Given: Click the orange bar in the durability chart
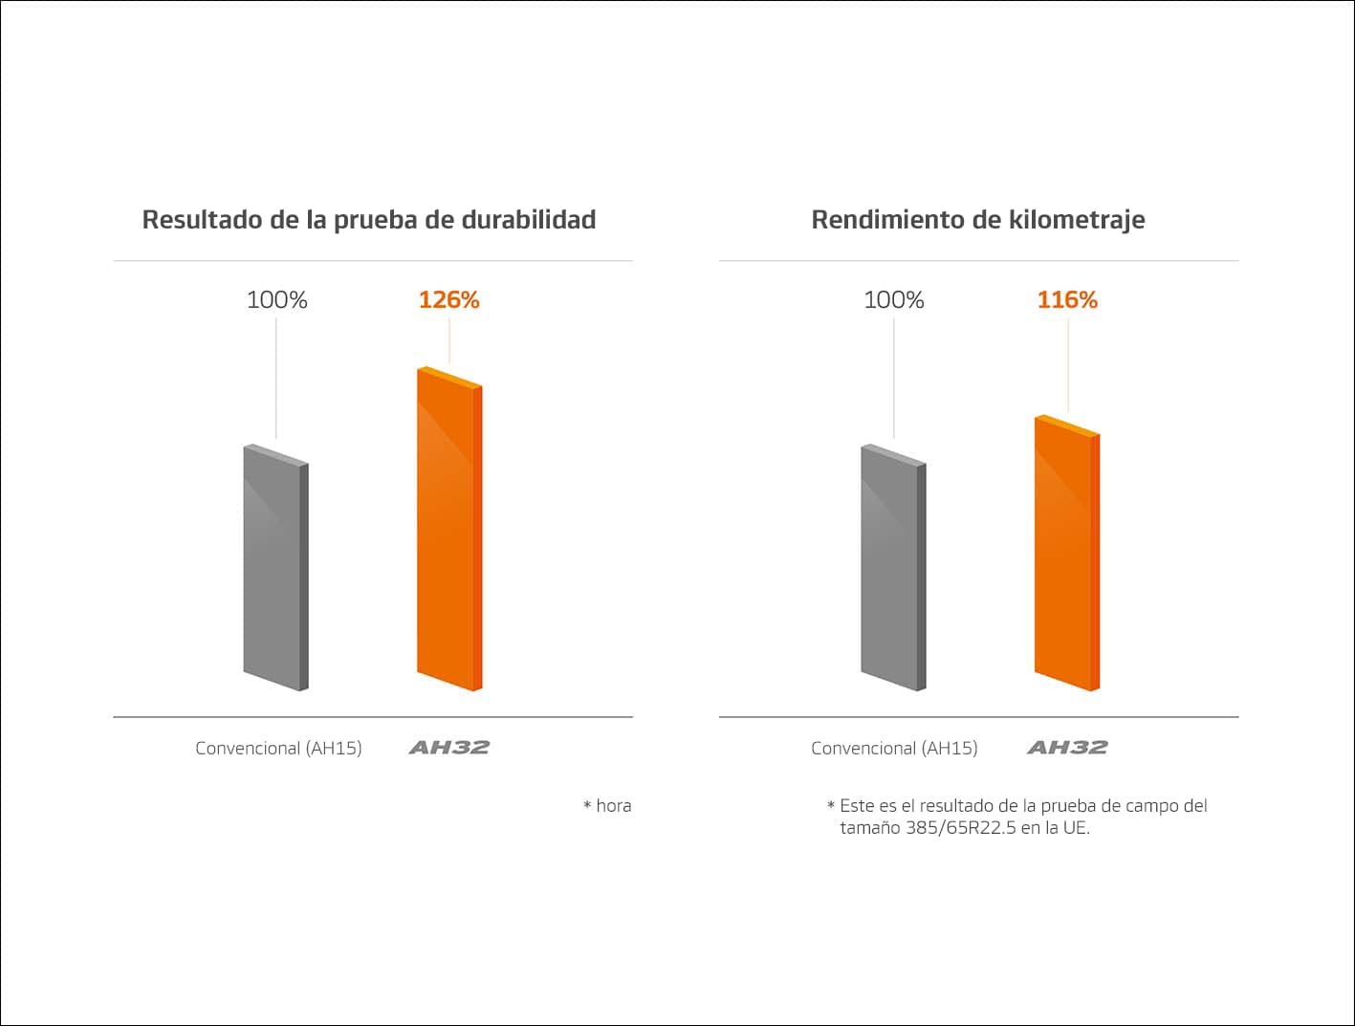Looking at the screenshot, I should pos(448,531).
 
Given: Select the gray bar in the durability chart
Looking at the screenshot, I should pos(275,569).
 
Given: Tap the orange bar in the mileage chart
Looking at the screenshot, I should pos(1066,555).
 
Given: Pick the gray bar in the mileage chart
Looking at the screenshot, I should pos(893,569).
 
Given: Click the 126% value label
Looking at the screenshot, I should pos(448,300).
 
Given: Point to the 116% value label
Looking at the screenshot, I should pos(1067,300).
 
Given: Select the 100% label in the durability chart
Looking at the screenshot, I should pos(277,300).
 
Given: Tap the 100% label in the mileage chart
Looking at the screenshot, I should pos(894,300).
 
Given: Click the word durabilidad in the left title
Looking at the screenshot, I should pos(529,220).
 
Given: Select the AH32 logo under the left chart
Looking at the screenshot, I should pos(449,748).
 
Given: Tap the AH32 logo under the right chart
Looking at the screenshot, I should pos(1067,748).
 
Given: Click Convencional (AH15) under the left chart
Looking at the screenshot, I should pos(278,749).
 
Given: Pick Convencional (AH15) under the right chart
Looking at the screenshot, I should pos(894,749).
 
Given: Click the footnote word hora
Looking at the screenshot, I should pos(613,806).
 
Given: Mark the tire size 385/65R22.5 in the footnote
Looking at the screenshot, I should pos(960,828).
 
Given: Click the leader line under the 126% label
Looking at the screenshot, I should pos(449,340).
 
